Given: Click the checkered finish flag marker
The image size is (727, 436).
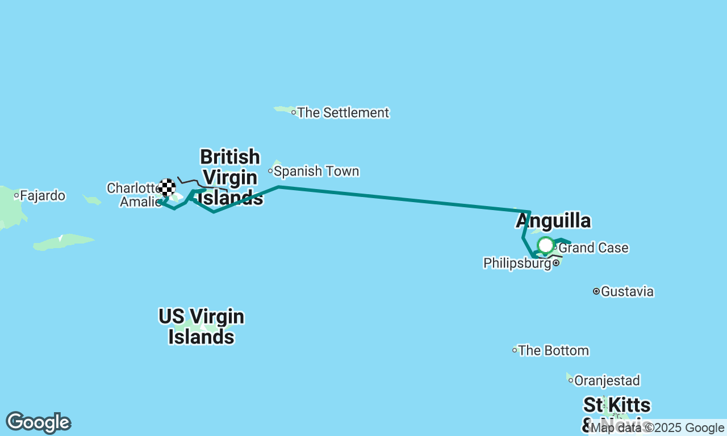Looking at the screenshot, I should pos(167,187).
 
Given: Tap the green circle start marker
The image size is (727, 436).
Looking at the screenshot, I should pos(546,245).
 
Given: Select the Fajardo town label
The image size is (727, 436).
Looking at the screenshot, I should pos(43,196).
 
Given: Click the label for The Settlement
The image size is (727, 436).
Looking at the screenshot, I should pos(343,112).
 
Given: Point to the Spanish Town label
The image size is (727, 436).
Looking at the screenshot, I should pos(316,171).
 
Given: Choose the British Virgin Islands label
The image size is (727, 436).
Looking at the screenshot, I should pos(230,177).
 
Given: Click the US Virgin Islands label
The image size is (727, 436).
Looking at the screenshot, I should pos(202,326).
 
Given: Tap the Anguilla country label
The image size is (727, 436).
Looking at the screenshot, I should pos(553,221).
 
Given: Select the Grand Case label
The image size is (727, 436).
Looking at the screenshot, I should pos(594,248).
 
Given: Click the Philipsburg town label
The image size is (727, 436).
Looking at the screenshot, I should pos(517,263).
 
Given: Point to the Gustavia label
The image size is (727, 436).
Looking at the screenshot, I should pos(627,292).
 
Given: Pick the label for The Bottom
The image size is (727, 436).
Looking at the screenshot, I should pos(553,351).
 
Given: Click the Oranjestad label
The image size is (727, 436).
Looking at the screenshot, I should pos(607,380).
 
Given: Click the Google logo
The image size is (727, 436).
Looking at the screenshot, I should pos(38,423).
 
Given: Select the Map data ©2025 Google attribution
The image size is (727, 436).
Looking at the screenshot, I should pos(657,428).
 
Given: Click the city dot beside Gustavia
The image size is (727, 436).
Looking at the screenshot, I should pos(596,291).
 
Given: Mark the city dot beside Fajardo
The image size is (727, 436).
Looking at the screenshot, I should pos(16,196).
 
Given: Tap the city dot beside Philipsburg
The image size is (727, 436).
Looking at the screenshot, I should pos(556,263).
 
